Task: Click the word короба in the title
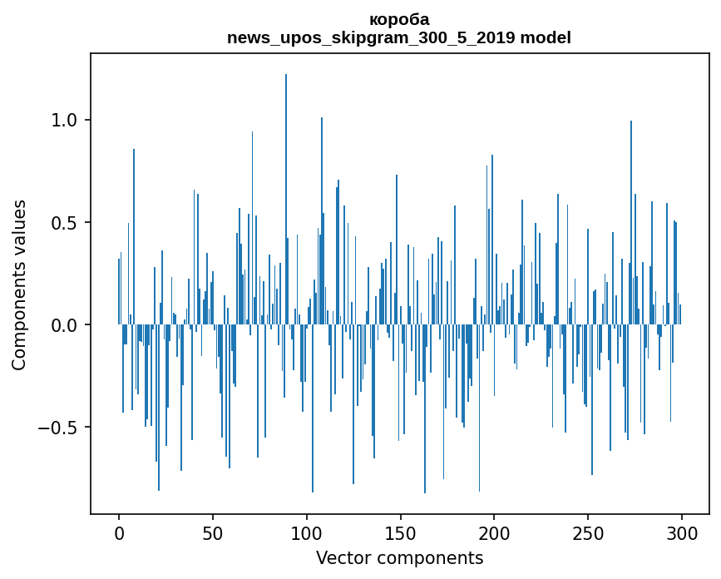click(x=399, y=19)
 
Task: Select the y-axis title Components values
click(x=19, y=285)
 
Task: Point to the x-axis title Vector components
click(x=399, y=557)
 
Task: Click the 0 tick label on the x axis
click(x=119, y=532)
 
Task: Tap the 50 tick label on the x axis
click(x=213, y=532)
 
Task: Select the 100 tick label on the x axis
click(x=307, y=532)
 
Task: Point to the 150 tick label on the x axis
click(x=401, y=532)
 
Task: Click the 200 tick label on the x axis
click(x=494, y=532)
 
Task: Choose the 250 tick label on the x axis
click(x=588, y=532)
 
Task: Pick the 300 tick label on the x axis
click(x=682, y=532)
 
